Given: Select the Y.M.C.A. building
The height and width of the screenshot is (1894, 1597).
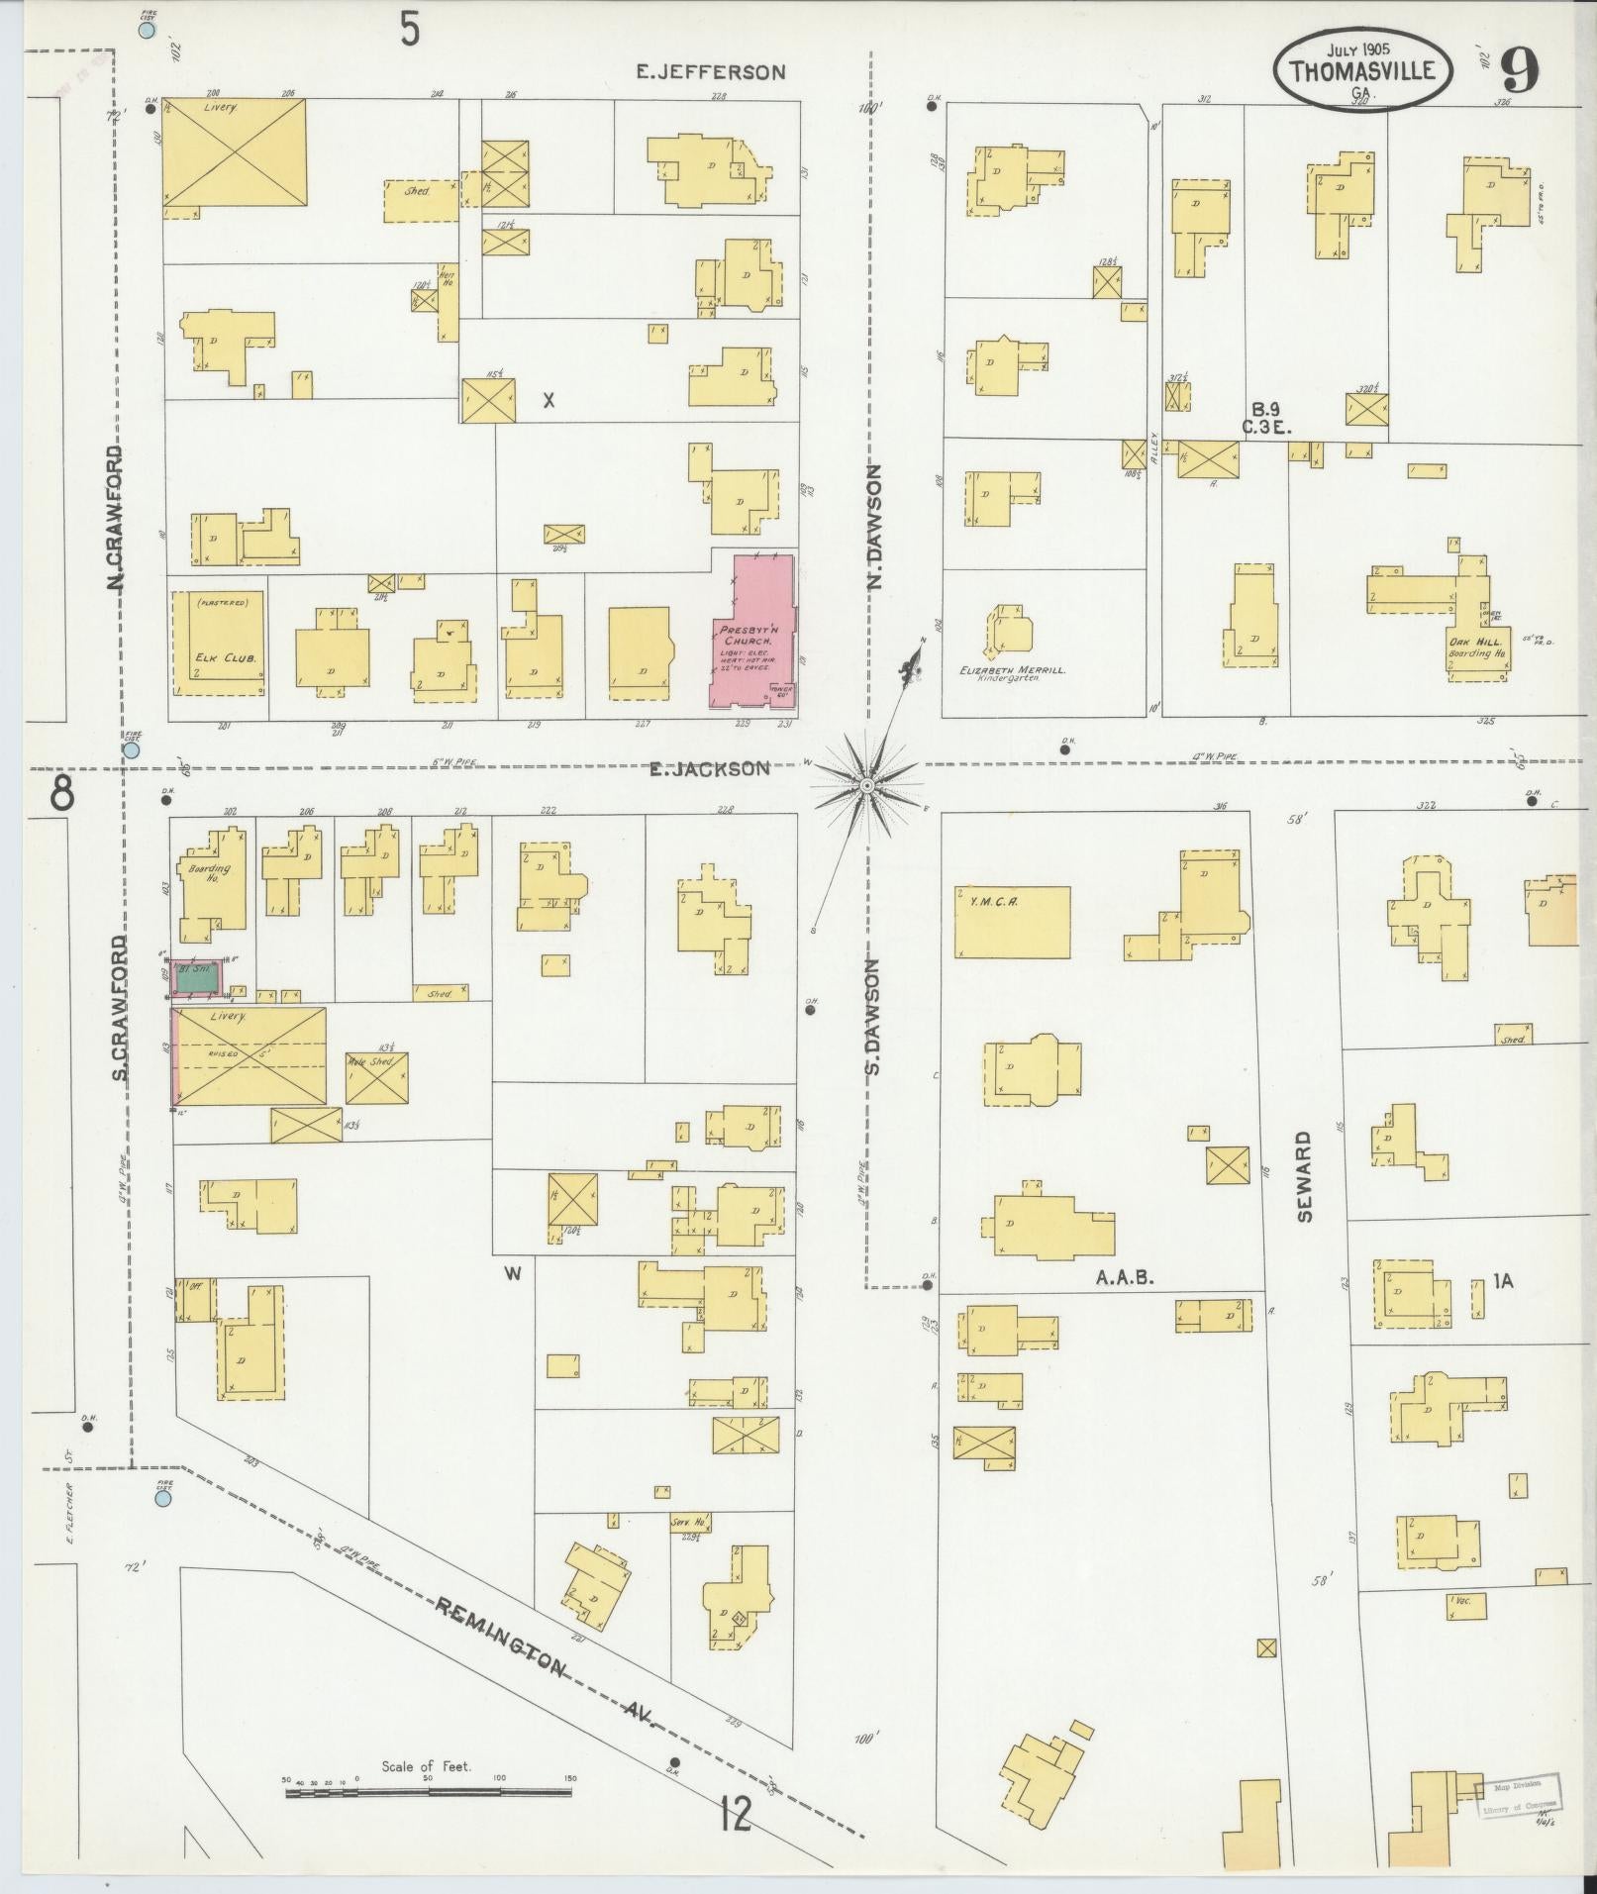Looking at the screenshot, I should (1012, 922).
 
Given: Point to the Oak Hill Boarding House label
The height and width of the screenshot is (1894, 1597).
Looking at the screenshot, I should (1477, 648).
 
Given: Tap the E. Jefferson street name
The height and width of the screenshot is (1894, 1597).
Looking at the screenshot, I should (711, 71).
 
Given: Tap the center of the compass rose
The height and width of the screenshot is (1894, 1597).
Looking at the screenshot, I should (866, 785).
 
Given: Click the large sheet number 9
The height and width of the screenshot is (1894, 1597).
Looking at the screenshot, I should (1519, 71).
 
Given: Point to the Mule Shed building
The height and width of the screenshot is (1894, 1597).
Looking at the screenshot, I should (376, 1077).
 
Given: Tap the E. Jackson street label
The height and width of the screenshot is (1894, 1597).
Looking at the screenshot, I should (709, 768).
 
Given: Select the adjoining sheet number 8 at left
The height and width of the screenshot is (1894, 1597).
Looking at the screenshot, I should (61, 793).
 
